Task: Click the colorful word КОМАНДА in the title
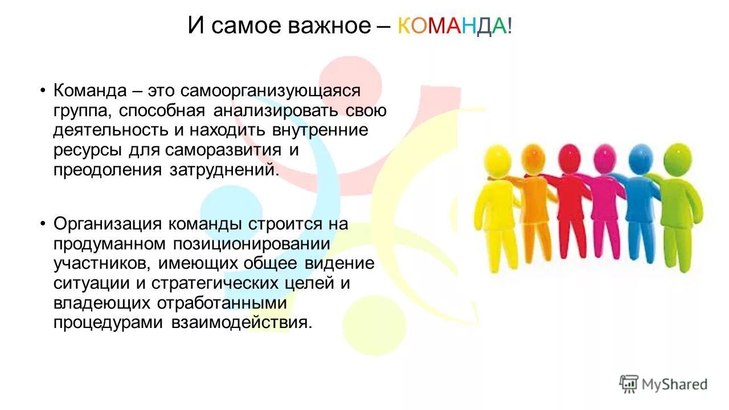point(452,26)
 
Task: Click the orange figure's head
point(533,155)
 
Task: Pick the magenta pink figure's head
point(604,155)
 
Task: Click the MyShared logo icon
point(629,384)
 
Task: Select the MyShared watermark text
point(674,385)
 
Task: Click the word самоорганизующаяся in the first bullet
point(271,91)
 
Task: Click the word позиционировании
point(249,244)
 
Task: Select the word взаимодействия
point(241,322)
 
